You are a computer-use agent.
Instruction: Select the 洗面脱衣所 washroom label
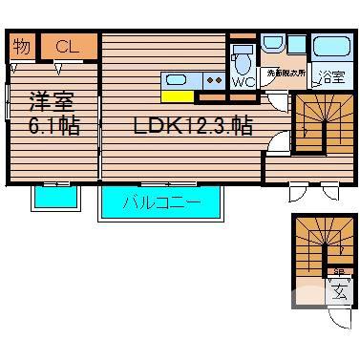[284, 72]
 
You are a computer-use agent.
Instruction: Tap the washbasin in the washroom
[272, 46]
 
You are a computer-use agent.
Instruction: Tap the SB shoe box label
[339, 271]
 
